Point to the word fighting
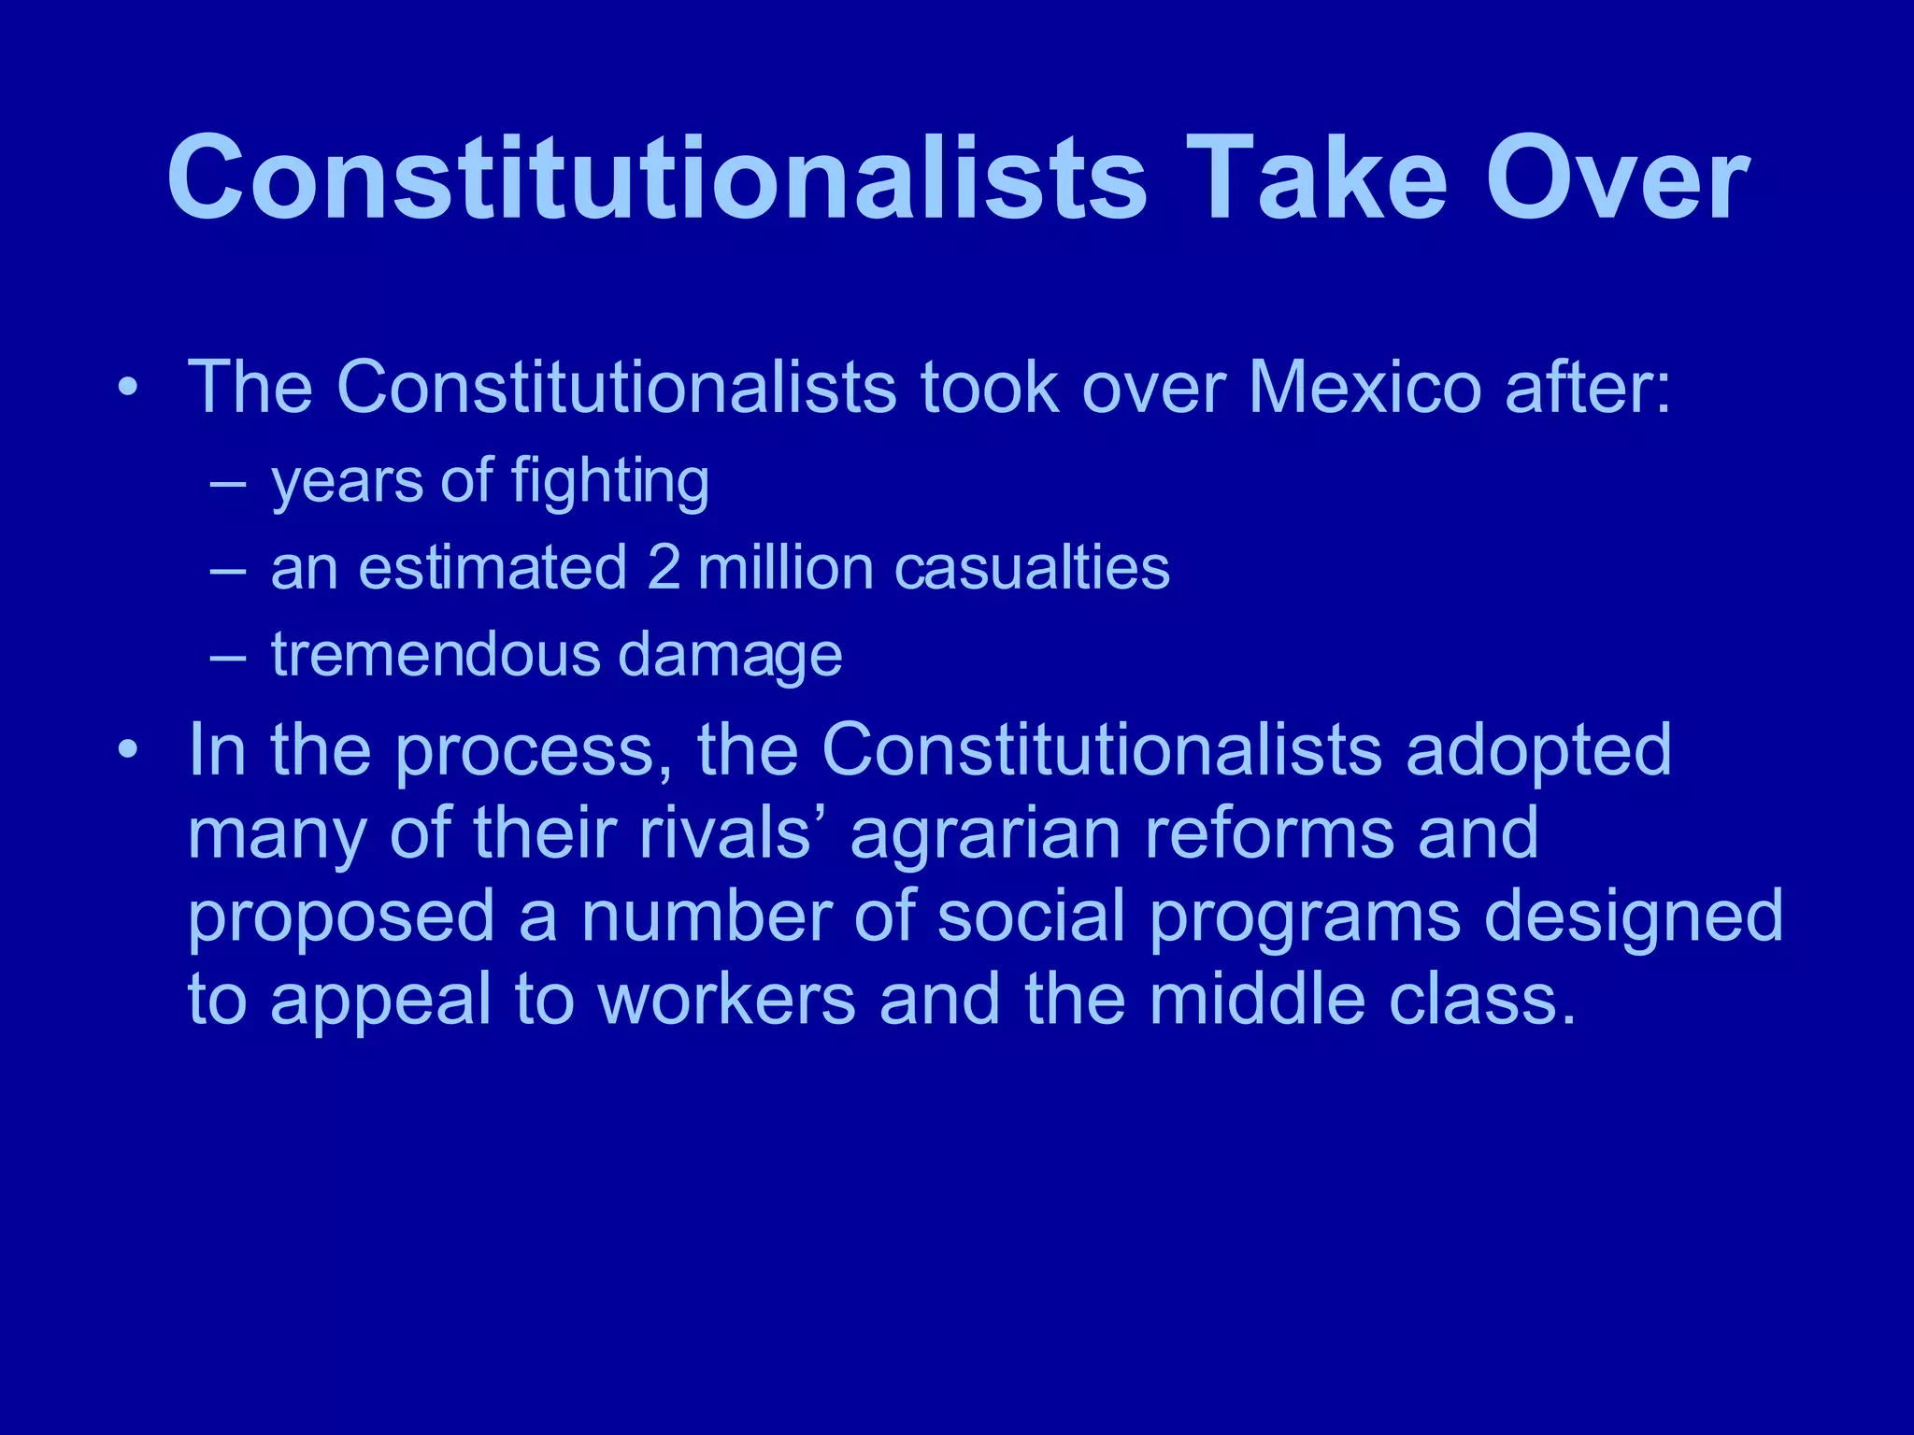(609, 482)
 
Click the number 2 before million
(663, 568)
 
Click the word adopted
(1538, 750)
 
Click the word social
(1031, 916)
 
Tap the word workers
(726, 999)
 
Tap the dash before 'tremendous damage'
(228, 657)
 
